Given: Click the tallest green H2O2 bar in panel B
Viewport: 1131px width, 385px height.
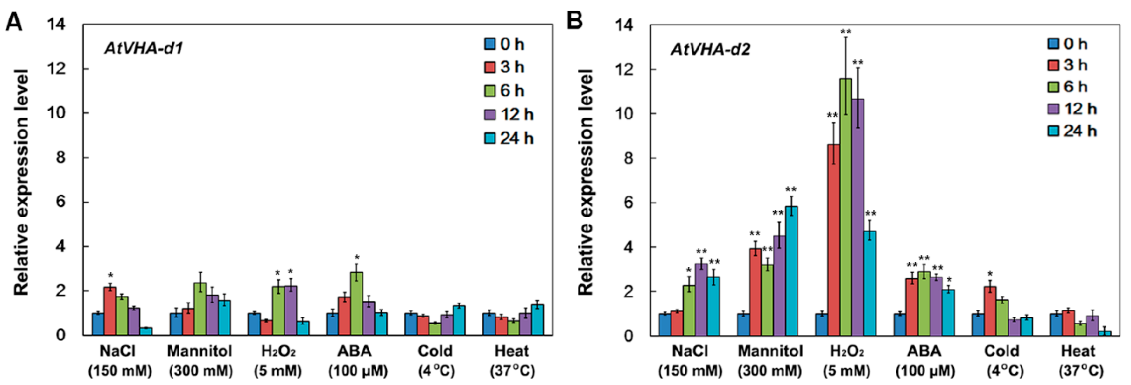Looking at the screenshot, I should (x=845, y=207).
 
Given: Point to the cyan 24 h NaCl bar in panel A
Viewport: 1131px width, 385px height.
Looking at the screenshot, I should (x=146, y=331).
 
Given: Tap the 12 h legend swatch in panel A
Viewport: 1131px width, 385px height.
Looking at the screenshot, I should (x=489, y=115).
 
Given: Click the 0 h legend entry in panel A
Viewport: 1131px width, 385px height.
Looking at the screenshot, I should (x=505, y=44).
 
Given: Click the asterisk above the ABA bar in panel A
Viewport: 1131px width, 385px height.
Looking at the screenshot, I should (x=357, y=257).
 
